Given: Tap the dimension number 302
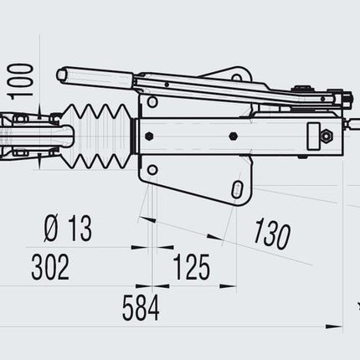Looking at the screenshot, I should click(x=50, y=267).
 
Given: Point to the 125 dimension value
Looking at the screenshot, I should click(x=192, y=267).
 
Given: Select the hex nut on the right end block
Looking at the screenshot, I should click(x=325, y=133).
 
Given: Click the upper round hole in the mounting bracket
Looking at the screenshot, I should click(x=152, y=102).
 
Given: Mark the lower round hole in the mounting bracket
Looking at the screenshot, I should click(x=152, y=170).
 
